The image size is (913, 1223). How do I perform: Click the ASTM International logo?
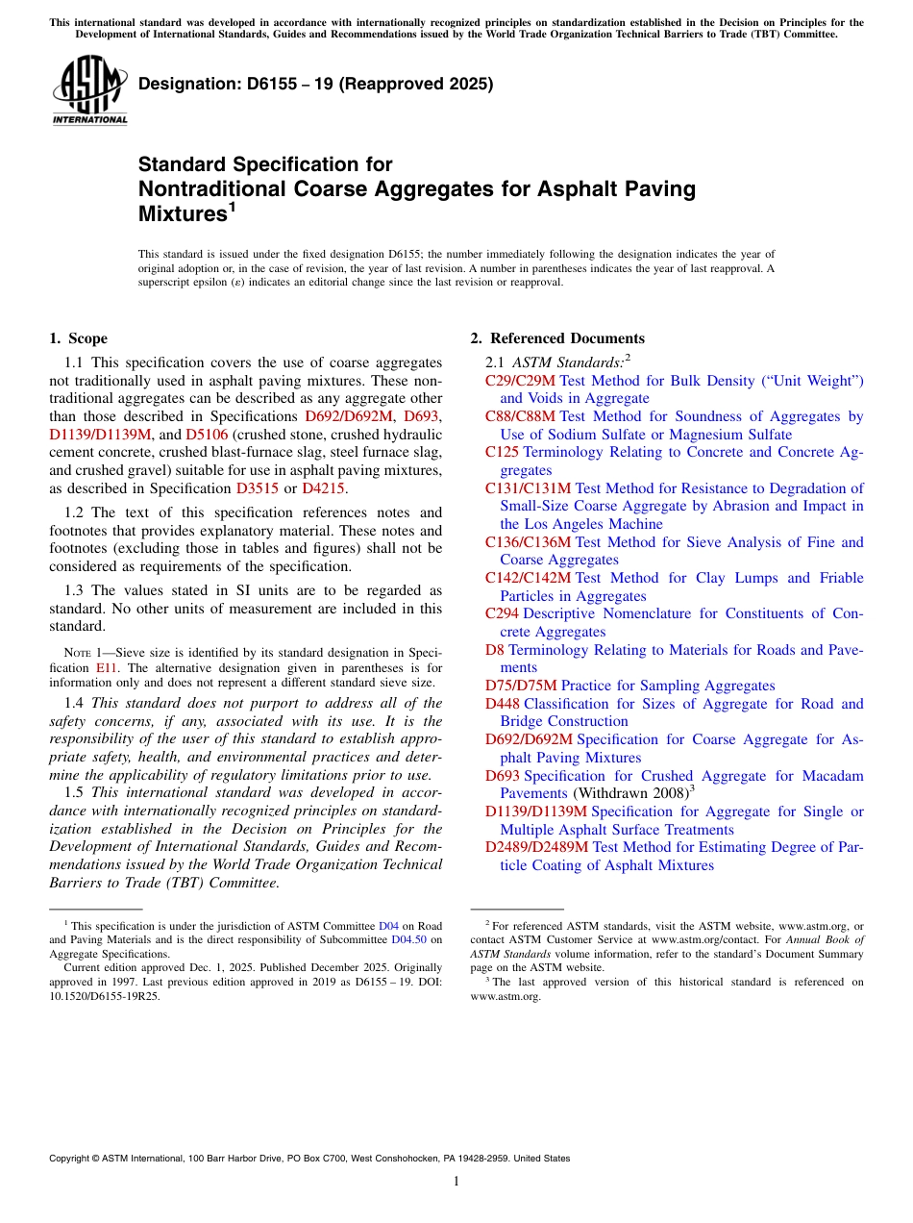coord(89,91)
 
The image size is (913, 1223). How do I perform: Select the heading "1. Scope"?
coord(78,338)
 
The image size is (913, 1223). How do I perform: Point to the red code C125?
coord(502,452)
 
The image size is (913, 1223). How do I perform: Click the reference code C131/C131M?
coord(528,488)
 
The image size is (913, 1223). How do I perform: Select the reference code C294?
coord(502,613)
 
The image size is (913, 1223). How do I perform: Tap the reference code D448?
coord(502,704)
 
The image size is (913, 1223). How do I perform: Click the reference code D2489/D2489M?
coord(536,847)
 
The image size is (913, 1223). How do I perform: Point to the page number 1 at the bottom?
coord(456,1181)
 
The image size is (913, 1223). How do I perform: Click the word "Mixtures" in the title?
coord(182,213)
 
